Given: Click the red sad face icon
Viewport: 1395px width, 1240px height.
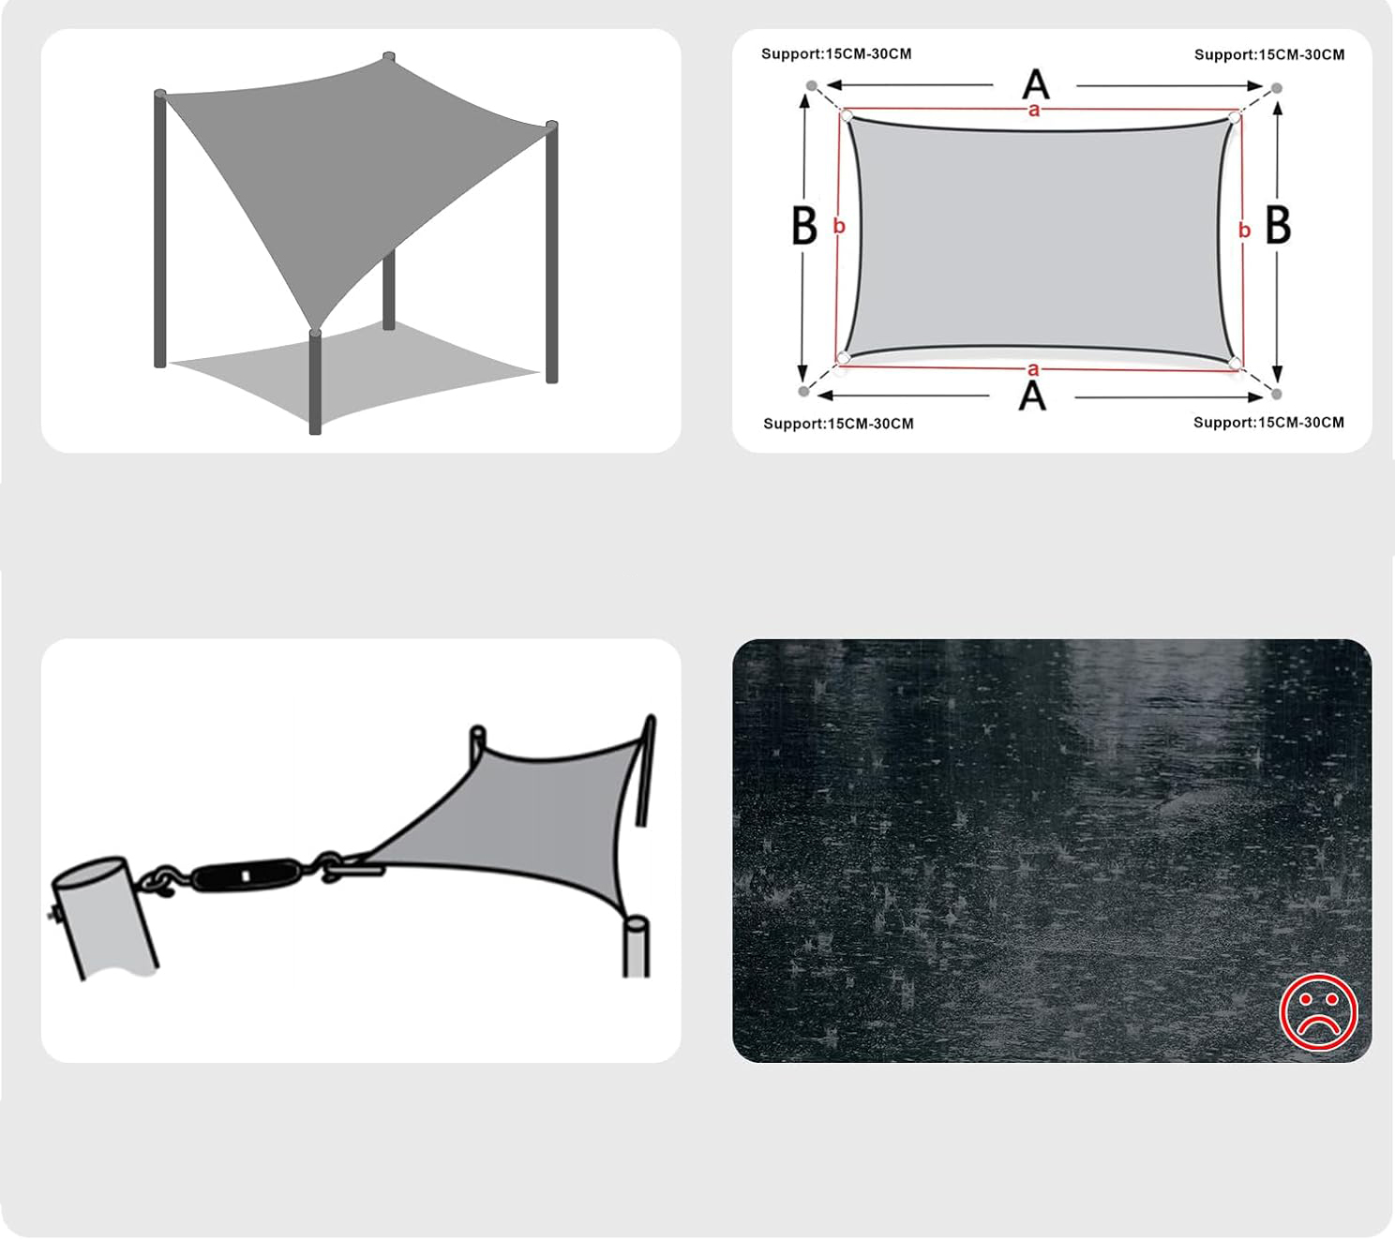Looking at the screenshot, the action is pyautogui.click(x=1318, y=1011).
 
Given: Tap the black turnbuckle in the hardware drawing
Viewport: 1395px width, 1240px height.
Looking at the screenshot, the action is pyautogui.click(x=246, y=875).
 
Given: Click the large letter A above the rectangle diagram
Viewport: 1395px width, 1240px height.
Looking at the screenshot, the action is pyautogui.click(x=1036, y=84).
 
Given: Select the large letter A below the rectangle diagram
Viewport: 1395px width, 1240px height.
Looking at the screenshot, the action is pyautogui.click(x=1032, y=396).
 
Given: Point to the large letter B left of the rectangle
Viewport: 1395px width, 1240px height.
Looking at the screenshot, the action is pyautogui.click(x=803, y=225).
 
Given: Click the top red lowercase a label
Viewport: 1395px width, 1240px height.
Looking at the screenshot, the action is pyautogui.click(x=1033, y=111).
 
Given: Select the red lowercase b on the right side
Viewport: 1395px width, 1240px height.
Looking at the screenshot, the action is pyautogui.click(x=1244, y=230).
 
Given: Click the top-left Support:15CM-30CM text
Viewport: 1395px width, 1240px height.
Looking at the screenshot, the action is pyautogui.click(x=836, y=53).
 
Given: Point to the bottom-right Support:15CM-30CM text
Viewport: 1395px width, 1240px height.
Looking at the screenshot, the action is pyautogui.click(x=1268, y=422).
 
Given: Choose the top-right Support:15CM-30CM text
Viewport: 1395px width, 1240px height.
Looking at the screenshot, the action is pyautogui.click(x=1269, y=54).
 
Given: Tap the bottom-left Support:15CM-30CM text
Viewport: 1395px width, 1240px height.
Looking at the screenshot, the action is pyautogui.click(x=838, y=424).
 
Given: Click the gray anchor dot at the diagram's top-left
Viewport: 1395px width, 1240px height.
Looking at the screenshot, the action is pyautogui.click(x=812, y=86).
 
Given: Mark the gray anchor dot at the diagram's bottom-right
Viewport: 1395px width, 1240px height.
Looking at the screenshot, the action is pyautogui.click(x=1277, y=394).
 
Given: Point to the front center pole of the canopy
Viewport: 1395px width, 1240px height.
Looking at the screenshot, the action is pyautogui.click(x=315, y=382).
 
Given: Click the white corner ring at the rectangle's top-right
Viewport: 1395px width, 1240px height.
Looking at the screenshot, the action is pyautogui.click(x=1234, y=118).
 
